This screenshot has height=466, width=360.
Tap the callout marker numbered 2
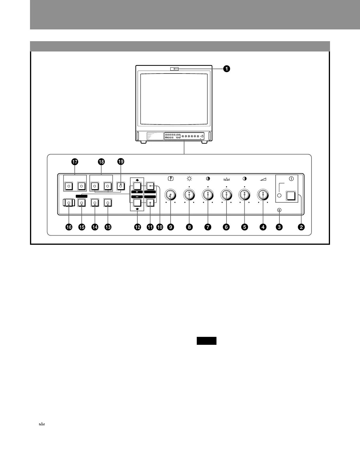click(x=301, y=227)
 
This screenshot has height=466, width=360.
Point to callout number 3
click(x=279, y=227)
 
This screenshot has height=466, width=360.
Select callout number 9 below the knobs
click(x=170, y=227)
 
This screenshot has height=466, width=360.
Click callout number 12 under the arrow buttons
click(x=137, y=227)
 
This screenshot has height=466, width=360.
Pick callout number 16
click(x=69, y=227)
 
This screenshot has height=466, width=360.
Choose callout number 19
click(x=121, y=162)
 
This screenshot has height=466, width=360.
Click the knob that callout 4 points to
click(x=263, y=194)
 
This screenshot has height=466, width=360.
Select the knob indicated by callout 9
click(x=170, y=194)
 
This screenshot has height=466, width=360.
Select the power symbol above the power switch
click(x=291, y=179)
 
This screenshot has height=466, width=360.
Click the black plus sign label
click(x=137, y=192)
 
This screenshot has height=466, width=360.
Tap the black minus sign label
click(x=137, y=196)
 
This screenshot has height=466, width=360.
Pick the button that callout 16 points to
click(x=69, y=203)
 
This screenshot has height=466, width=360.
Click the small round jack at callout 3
click(x=279, y=210)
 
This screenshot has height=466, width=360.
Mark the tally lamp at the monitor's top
click(x=174, y=69)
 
